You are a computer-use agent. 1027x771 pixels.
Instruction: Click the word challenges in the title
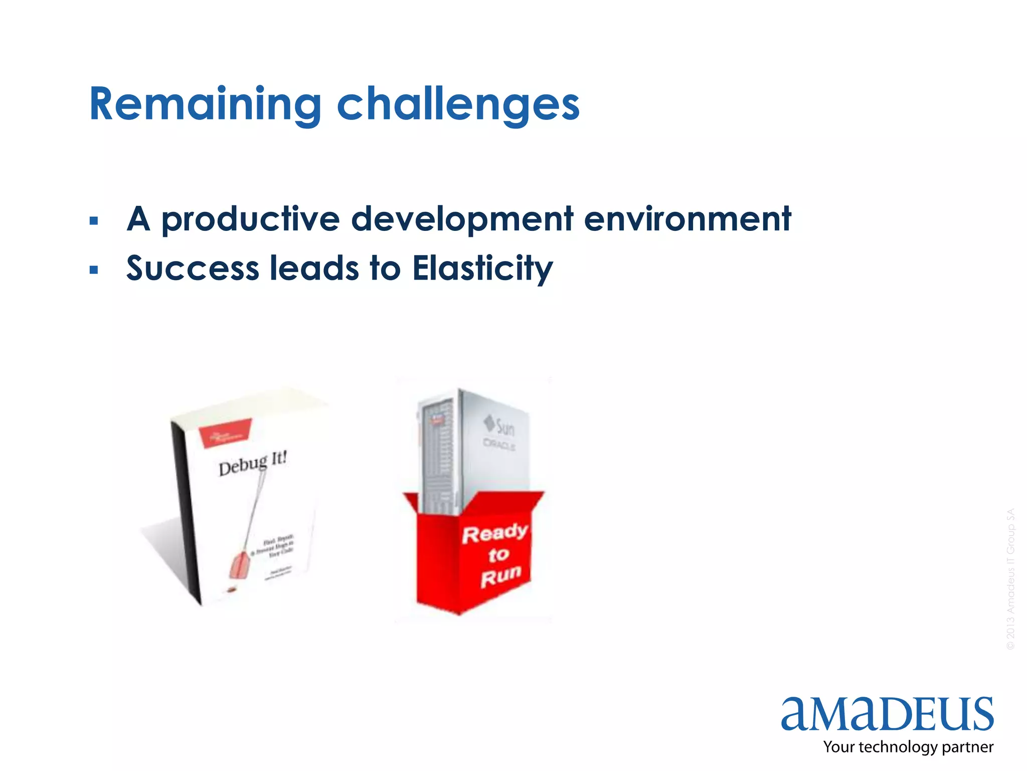(458, 104)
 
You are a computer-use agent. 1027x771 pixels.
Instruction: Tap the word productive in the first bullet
(250, 219)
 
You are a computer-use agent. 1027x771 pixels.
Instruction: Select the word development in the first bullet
(462, 219)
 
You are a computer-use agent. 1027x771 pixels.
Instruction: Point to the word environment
(688, 219)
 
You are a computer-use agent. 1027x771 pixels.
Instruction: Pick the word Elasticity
(482, 269)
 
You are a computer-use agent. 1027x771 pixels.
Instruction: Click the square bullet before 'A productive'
(93, 221)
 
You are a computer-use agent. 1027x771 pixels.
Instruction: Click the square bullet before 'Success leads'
(93, 270)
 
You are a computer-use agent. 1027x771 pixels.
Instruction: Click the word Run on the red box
(500, 576)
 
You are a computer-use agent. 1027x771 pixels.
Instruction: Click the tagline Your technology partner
(908, 747)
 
